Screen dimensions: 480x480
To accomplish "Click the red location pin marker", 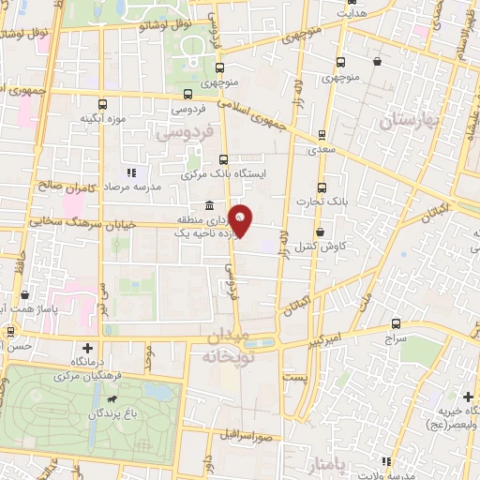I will pyautogui.click(x=241, y=221).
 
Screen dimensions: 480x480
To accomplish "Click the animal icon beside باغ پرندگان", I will pyautogui.click(x=112, y=400).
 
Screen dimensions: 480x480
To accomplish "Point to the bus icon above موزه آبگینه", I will pyautogui.click(x=103, y=104).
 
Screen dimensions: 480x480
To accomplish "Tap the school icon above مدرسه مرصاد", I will pyautogui.click(x=131, y=172).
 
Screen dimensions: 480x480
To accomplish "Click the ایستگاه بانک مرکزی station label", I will pyautogui.click(x=226, y=174).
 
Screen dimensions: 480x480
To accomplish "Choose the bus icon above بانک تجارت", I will pyautogui.click(x=322, y=187).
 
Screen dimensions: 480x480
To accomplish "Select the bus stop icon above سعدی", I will pyautogui.click(x=322, y=134).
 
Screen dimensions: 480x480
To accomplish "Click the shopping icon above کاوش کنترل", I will pyautogui.click(x=321, y=232).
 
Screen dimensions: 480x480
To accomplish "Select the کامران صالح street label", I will pyautogui.click(x=63, y=187).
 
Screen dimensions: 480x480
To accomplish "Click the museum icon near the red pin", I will pyautogui.click(x=208, y=206).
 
